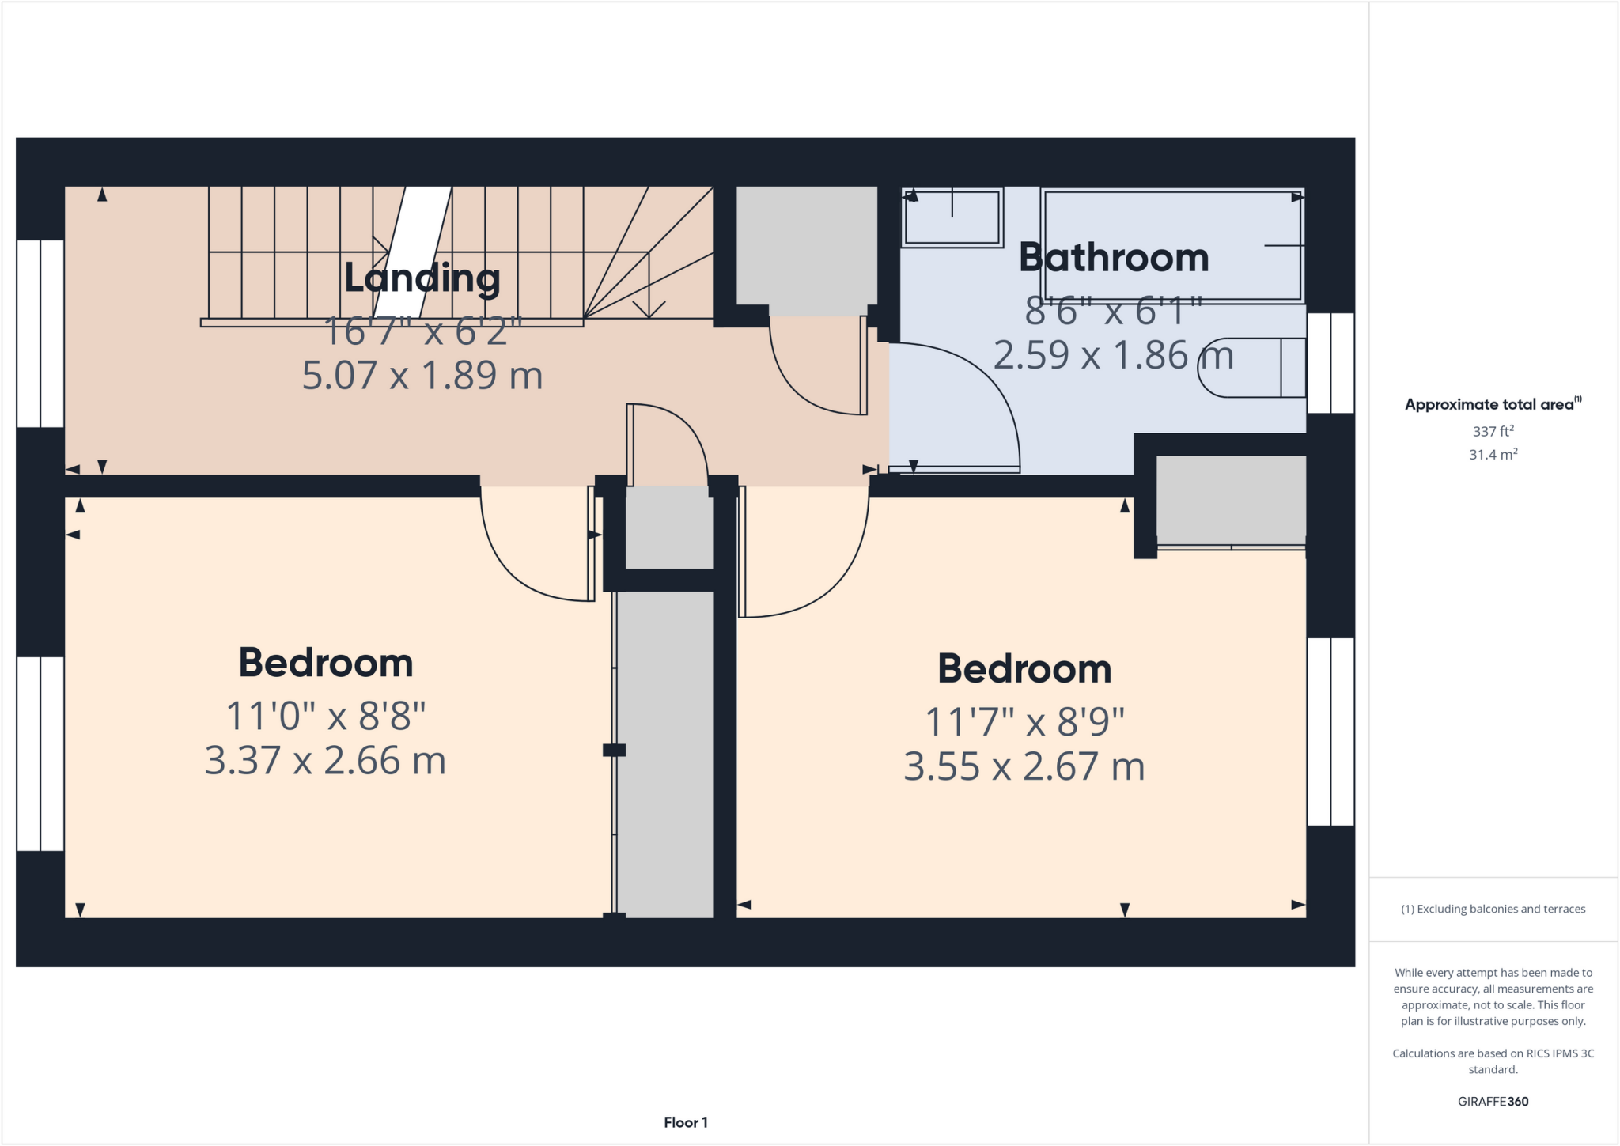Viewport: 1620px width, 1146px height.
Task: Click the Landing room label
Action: click(x=422, y=278)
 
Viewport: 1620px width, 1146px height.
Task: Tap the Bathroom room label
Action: click(x=1113, y=258)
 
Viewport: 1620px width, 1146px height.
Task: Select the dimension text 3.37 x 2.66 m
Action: click(x=325, y=761)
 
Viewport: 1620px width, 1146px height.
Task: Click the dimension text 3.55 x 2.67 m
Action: click(x=1024, y=766)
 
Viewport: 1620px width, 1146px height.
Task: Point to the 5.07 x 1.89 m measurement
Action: click(x=422, y=375)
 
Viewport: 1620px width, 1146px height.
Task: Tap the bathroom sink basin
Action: click(x=952, y=217)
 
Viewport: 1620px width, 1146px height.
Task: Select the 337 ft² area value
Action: click(x=1492, y=431)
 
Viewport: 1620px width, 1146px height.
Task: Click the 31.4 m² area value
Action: click(x=1492, y=455)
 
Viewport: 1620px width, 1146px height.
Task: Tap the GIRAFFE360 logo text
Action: click(x=1492, y=1101)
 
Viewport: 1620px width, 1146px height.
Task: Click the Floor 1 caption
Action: click(x=685, y=1122)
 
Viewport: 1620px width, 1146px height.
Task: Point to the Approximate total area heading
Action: click(x=1492, y=404)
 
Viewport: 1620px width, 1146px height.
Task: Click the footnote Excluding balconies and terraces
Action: click(x=1492, y=909)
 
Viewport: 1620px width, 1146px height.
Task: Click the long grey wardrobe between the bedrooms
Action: click(x=664, y=751)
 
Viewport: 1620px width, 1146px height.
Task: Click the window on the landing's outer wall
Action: click(x=40, y=333)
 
